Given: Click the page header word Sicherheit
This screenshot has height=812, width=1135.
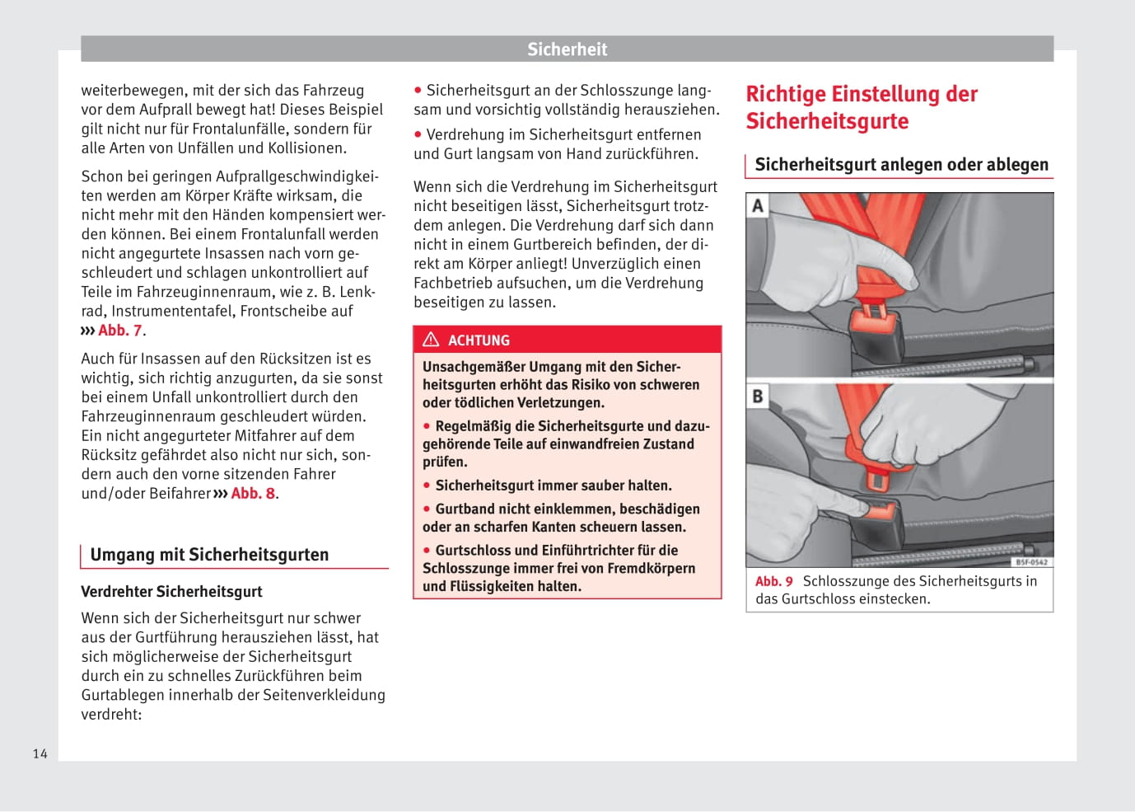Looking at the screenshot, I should (567, 49).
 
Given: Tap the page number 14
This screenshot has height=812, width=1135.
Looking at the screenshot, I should (40, 753).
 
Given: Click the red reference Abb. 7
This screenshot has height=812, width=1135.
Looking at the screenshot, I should (120, 331).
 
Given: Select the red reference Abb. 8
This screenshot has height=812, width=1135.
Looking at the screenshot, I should (254, 494).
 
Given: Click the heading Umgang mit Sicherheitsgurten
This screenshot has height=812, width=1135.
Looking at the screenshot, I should (209, 555).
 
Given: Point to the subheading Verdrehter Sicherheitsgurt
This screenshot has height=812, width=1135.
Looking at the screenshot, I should (171, 592).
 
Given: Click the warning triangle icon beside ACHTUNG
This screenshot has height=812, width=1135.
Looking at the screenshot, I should (431, 340).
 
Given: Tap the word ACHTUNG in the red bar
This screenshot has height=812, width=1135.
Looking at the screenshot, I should (479, 340).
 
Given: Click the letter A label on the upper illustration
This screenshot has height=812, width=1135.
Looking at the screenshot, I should (758, 205).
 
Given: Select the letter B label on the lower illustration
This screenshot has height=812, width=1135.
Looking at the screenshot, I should (758, 397).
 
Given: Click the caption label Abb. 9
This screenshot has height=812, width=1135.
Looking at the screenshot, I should (773, 581).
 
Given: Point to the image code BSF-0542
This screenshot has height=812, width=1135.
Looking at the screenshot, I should (1031, 562).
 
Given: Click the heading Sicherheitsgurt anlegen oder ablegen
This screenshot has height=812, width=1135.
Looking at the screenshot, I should (901, 165).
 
